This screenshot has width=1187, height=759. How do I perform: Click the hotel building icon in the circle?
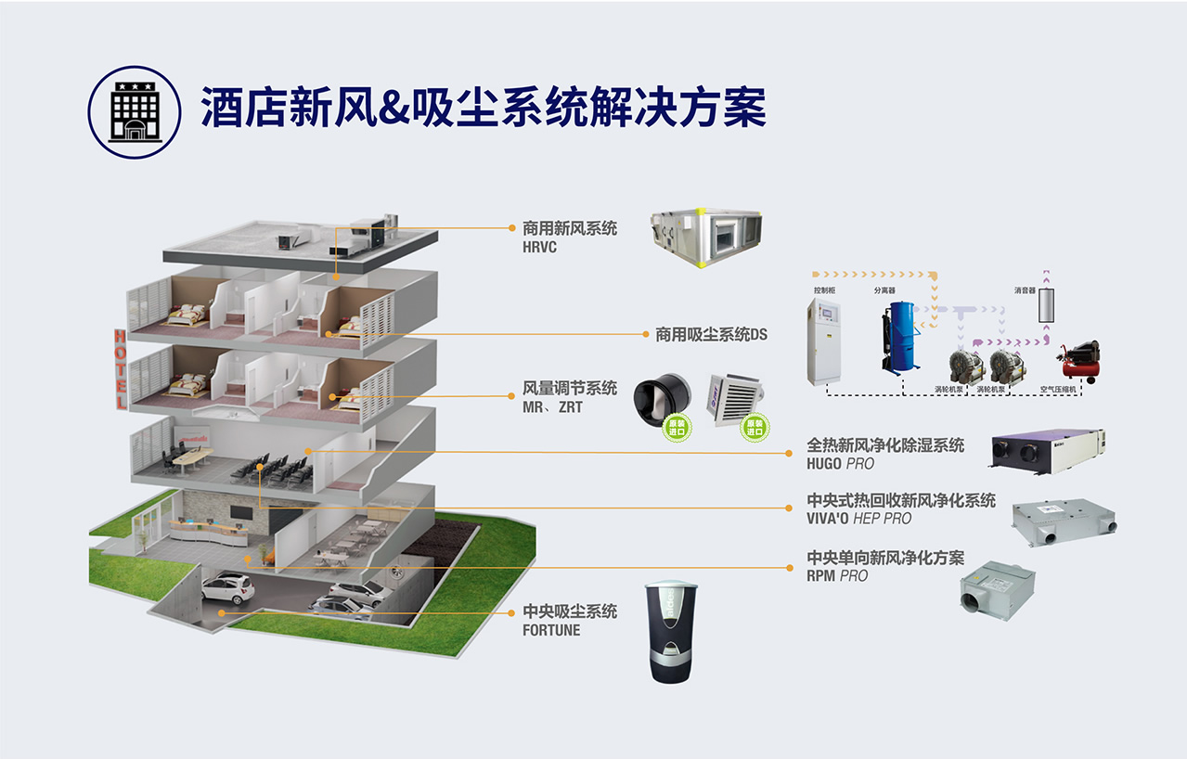coord(135,112)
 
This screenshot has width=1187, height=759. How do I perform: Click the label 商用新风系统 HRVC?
coord(569,237)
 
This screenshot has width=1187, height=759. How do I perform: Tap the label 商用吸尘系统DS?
coord(712,334)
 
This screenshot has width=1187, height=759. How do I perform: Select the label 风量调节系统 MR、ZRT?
coord(569,396)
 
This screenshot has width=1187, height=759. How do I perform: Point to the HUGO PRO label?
coord(885,454)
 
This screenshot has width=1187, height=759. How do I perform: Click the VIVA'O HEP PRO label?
coord(900,508)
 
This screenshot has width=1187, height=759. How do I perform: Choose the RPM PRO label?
coord(885,566)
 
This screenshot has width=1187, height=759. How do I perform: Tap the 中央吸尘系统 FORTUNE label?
coord(569,620)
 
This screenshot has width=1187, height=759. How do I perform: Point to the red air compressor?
coord(1080,361)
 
